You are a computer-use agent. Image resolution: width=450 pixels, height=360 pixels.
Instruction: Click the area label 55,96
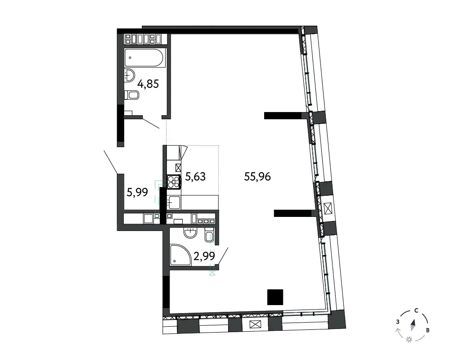coord(257,176)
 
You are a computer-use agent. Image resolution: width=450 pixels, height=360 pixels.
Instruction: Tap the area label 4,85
coord(148,84)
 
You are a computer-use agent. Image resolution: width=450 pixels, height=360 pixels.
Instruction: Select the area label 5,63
coord(195,176)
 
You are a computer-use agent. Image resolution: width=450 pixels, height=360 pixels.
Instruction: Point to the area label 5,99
coord(137,192)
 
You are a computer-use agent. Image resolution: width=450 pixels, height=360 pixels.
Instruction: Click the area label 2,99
coord(204,256)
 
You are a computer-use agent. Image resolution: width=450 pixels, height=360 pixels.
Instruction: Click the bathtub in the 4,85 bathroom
coord(145,58)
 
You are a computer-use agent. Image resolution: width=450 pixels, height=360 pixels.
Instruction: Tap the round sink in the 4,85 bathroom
coord(130,75)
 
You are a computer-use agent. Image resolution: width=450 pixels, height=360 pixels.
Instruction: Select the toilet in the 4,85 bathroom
coord(131,95)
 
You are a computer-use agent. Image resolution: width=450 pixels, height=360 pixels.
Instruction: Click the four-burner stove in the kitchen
coord(174,182)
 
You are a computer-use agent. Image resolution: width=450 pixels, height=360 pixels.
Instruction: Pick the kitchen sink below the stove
coord(174,202)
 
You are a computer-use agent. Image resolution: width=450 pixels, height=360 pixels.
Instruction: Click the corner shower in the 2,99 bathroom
coord(180,255)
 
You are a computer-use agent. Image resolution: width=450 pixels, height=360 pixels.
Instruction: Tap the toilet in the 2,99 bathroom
coord(209,235)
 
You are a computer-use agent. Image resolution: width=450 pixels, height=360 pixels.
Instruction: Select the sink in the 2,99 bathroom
coord(190,233)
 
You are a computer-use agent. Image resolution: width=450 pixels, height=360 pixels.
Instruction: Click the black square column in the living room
coord(275,297)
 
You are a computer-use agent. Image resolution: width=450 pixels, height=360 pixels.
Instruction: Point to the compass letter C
coord(416,310)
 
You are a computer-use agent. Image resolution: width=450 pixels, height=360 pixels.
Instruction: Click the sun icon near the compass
coord(409,340)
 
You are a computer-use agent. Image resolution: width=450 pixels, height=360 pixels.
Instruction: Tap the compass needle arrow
coord(413,325)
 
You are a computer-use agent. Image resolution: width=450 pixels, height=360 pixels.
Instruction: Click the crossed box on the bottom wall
coord(254,324)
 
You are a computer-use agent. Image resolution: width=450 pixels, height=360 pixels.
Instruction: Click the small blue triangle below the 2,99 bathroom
coord(212,274)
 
